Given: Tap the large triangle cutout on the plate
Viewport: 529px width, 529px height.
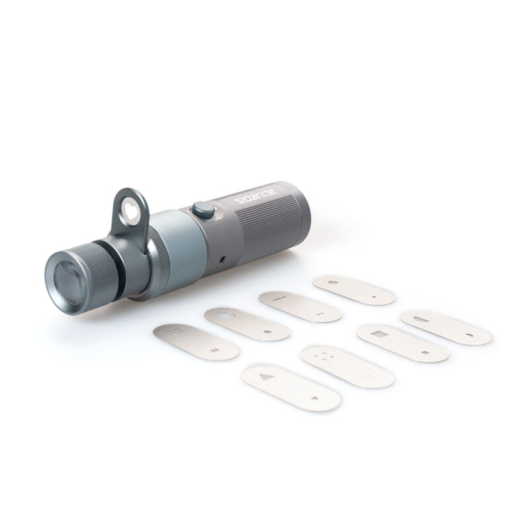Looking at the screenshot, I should [x=266, y=378].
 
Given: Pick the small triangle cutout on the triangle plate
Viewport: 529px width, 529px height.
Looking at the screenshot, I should [x=315, y=398].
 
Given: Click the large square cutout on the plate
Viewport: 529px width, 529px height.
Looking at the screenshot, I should [x=378, y=333].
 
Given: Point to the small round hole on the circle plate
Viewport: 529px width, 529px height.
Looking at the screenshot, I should [x=266, y=330].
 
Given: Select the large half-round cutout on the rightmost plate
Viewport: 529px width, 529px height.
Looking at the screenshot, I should [x=428, y=319].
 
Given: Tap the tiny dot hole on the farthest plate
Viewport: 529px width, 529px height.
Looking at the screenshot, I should [x=374, y=297].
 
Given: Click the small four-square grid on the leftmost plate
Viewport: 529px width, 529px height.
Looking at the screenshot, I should [x=213, y=351].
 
